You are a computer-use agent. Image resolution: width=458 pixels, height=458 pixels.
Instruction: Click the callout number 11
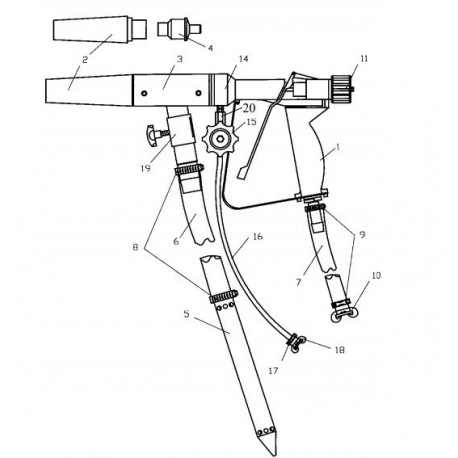point(364,59)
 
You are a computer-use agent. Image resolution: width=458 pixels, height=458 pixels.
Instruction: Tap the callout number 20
point(249,108)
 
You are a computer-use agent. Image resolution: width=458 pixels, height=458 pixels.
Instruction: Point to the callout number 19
point(145,168)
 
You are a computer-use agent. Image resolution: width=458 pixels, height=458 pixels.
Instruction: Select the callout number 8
point(135,248)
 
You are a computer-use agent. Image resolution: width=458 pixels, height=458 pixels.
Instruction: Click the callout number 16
point(258,236)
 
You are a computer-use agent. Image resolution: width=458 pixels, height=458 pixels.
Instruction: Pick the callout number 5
point(186,314)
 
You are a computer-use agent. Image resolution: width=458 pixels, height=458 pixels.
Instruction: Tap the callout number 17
point(273,370)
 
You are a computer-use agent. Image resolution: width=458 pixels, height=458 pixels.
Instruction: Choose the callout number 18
point(339,350)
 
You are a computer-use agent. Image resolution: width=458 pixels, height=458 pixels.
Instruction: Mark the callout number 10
point(376,276)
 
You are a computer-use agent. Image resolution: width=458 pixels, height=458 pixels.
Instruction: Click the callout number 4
point(210,48)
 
